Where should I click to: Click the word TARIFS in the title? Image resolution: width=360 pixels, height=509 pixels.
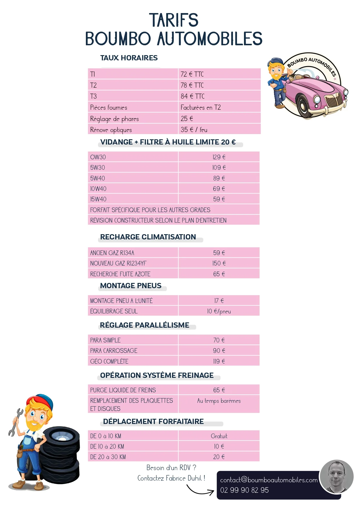coord(174,20)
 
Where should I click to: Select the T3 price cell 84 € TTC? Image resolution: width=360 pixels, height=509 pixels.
coord(193,96)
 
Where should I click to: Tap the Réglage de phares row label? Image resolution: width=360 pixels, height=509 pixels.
coord(114,119)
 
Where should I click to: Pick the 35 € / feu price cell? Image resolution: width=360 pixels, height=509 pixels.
coord(194,130)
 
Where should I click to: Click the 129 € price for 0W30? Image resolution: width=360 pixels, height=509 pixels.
coord(219,157)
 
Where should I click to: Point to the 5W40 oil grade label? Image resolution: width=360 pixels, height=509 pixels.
coord(97,178)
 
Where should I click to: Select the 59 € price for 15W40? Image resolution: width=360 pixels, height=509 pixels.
coord(219,199)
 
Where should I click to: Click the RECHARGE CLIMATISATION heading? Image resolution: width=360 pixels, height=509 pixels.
coord(148,237)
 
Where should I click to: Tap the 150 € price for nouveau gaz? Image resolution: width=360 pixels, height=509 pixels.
coord(219,263)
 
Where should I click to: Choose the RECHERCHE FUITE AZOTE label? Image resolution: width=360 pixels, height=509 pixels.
coord(120,274)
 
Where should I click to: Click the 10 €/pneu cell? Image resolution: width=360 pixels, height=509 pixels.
coord(219,311)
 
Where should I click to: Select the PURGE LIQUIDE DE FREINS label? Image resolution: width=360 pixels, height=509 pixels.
coord(123,390)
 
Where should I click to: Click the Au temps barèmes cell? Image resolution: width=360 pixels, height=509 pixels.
coord(219,401)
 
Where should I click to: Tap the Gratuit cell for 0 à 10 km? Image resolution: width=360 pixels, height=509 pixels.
coord(219,436)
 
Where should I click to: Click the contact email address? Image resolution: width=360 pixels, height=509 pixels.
coord(269,480)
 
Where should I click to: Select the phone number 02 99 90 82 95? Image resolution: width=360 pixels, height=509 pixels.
coord(244,490)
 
